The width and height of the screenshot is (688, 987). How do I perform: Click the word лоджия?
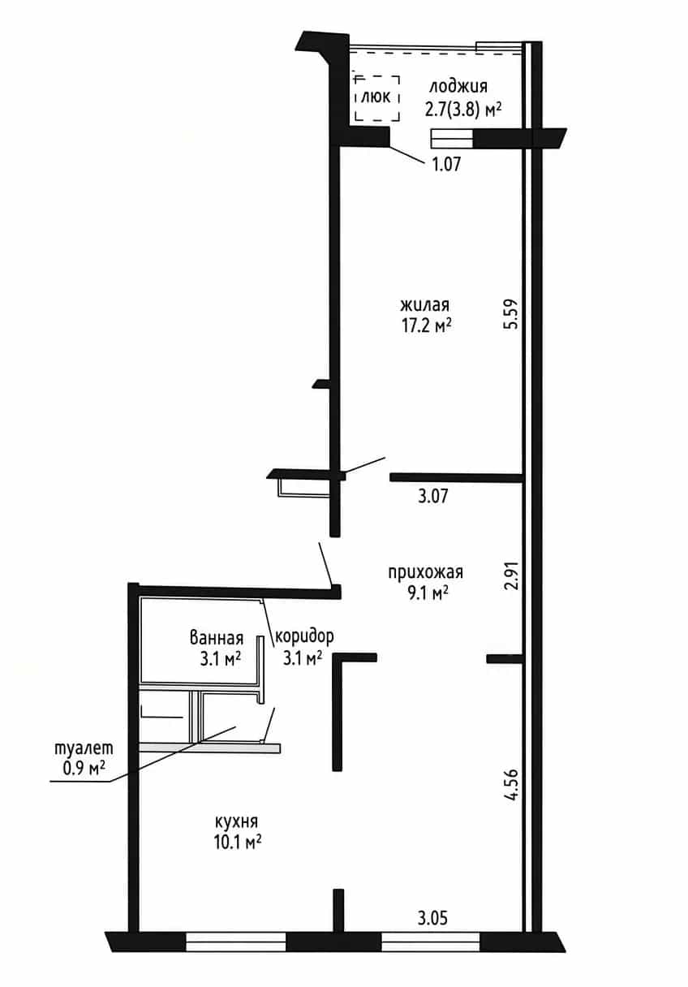458,87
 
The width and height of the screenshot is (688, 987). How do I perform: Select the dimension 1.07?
446,164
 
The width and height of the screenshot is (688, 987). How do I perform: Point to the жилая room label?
424,305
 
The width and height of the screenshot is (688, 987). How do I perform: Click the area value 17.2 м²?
427,326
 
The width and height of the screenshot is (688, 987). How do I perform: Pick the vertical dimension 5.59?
513,314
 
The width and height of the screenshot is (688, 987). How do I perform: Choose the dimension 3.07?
433,496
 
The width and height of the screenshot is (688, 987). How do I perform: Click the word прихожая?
425,572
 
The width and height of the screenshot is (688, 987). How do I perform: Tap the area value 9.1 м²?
428,593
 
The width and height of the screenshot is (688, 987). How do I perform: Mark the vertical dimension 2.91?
513,575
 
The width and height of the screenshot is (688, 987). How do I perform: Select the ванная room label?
217,638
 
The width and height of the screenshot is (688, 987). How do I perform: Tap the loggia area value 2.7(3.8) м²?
463,109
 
